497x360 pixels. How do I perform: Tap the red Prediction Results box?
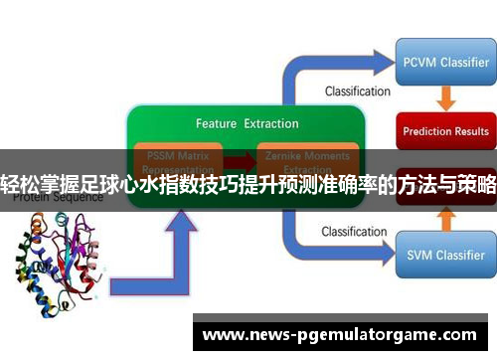[444, 130]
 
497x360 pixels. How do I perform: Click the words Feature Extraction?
[247, 124]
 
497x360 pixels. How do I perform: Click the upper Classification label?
[357, 91]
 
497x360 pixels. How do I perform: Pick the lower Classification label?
[355, 232]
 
